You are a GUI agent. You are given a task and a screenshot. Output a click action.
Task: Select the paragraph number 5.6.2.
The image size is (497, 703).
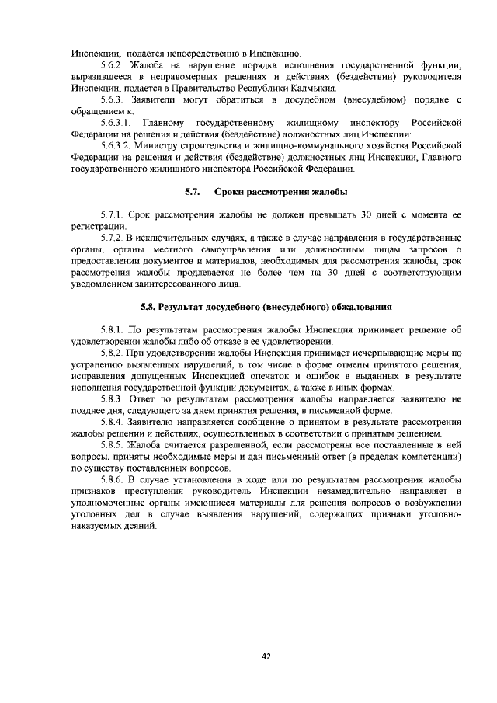tap(114, 64)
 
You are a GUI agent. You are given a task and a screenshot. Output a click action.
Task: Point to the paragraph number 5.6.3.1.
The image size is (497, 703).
tap(120, 123)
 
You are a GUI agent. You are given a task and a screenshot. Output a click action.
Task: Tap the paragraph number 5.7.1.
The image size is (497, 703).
tap(114, 214)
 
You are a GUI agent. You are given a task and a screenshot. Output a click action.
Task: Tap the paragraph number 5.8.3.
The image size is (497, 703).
tap(114, 399)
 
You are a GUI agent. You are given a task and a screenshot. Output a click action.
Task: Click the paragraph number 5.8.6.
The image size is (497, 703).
tap(114, 480)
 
